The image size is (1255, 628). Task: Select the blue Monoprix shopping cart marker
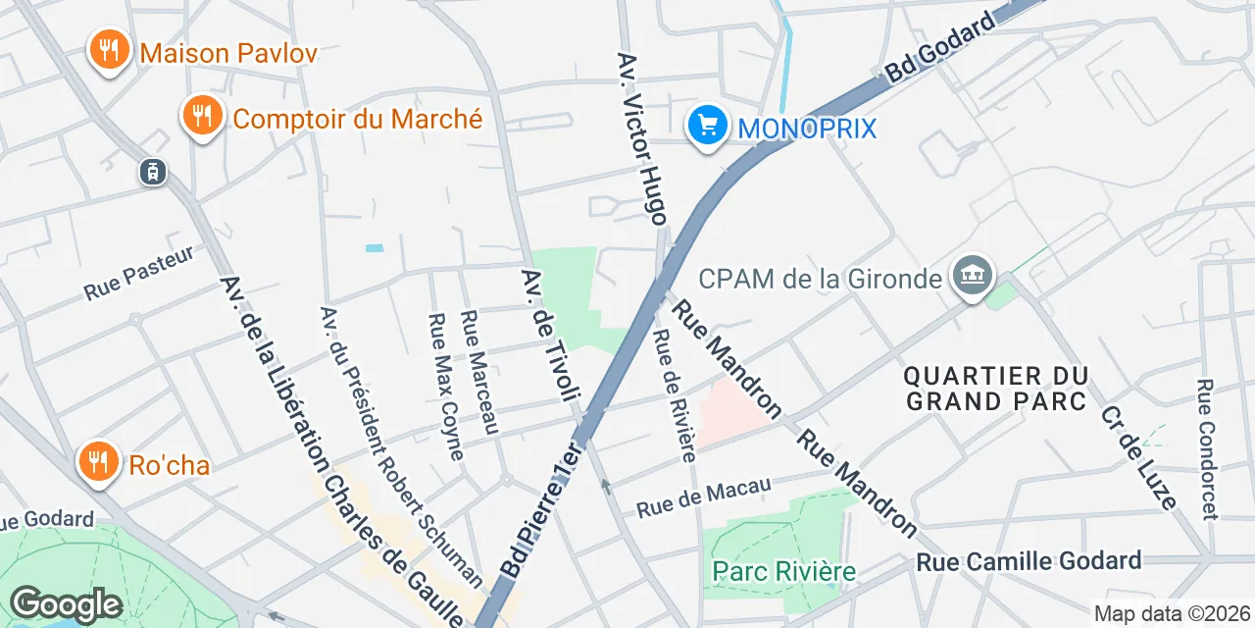coord(706,126)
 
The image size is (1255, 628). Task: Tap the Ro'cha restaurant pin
coord(98,461)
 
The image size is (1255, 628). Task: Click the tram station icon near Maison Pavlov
coord(152,173)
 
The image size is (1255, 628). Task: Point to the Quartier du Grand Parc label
coord(996,389)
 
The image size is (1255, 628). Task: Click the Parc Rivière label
coord(784,571)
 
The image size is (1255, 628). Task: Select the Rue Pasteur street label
coord(139,273)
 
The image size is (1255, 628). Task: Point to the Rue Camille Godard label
coord(1029,561)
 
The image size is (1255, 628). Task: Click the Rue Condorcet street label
coord(1207,449)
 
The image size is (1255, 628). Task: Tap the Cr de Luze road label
coord(1138,457)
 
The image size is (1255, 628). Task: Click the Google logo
coord(66,604)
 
